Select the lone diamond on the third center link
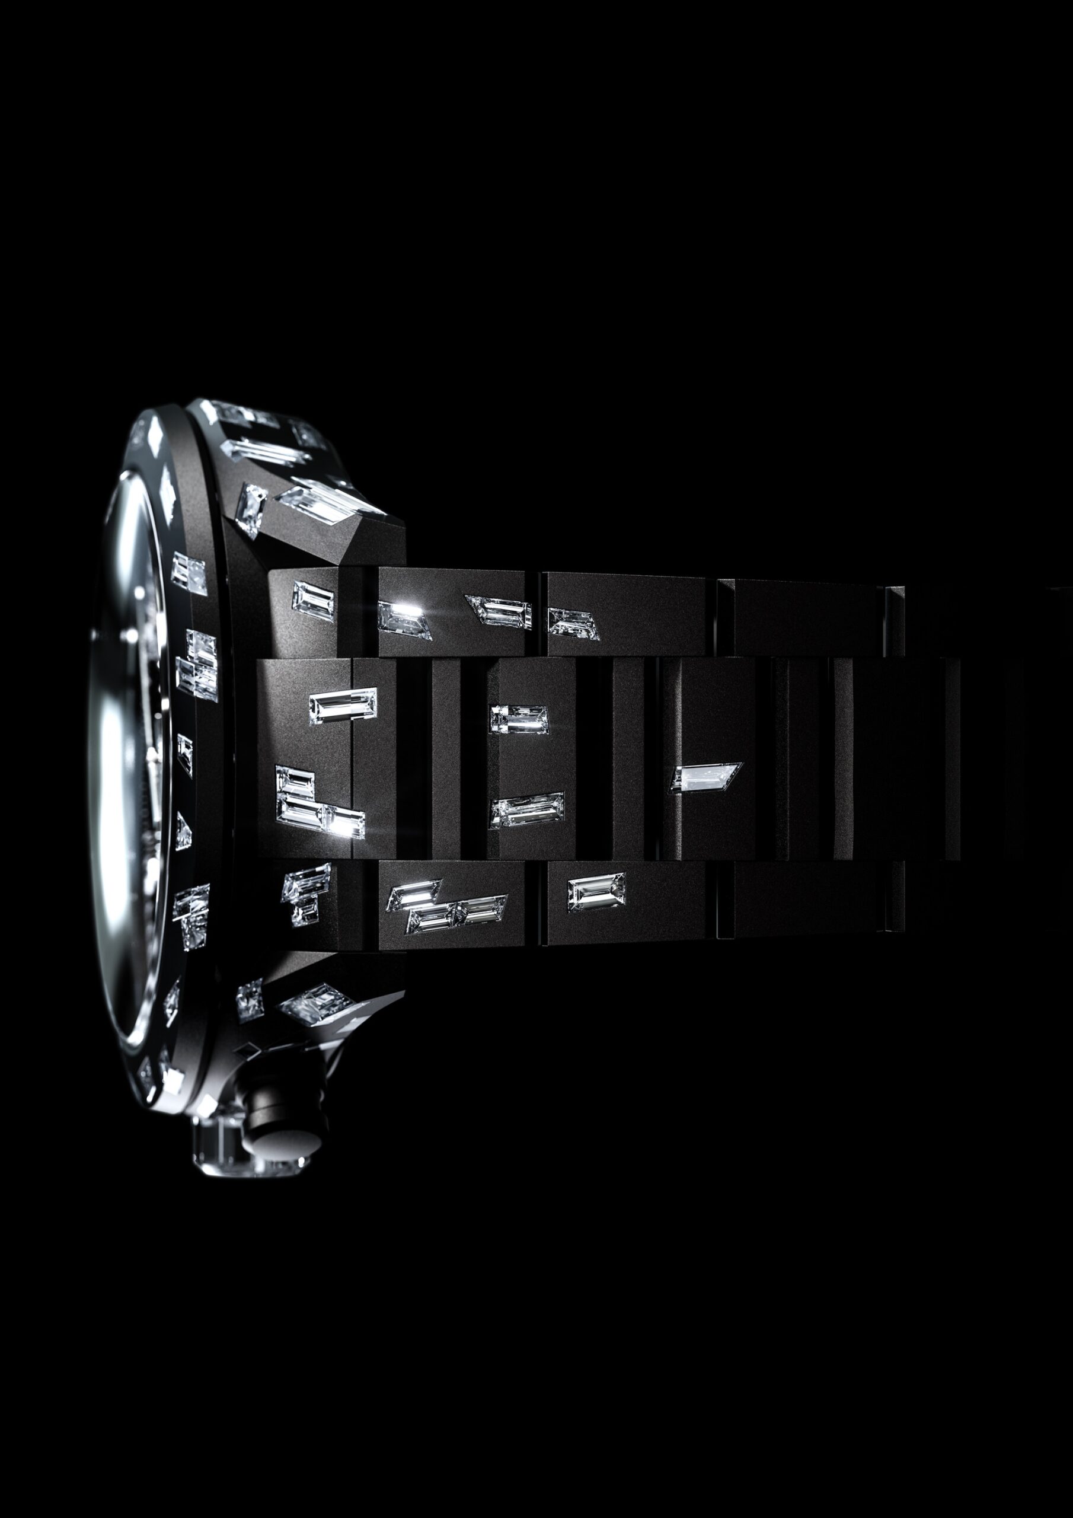[x=705, y=776]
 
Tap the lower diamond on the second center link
[x=527, y=810]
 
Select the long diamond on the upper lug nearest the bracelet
[x=331, y=499]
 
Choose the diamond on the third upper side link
[x=573, y=623]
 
